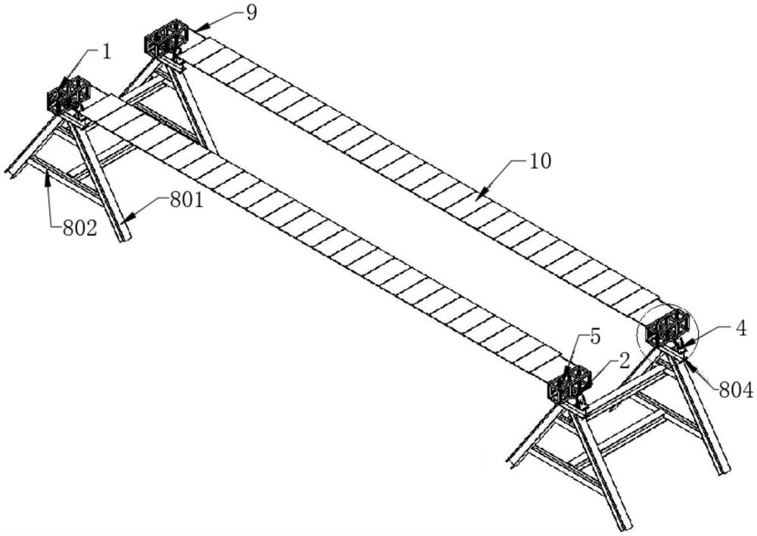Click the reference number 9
point(251,13)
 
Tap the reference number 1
point(106,52)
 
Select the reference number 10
point(540,161)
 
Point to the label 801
point(186,199)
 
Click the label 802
point(79,227)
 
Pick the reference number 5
point(595,337)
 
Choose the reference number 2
point(625,361)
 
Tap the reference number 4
point(741,329)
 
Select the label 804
point(736,390)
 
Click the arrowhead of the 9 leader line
point(198,27)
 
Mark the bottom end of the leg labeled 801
point(125,239)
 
